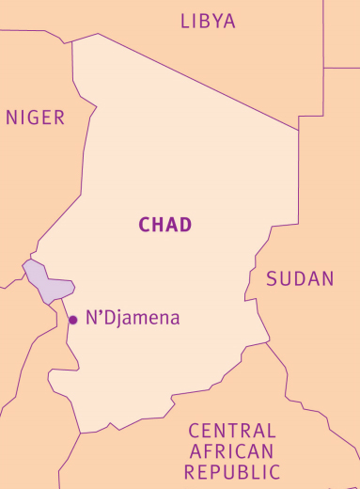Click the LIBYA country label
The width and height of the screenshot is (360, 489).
pos(208,21)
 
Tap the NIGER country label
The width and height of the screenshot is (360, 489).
pos(36,118)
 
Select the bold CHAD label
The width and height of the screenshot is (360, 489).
pos(165,224)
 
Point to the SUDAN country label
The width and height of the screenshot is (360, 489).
pos(300,278)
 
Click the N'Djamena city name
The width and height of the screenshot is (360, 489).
pos(133,318)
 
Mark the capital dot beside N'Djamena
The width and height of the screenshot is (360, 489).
pos(72,321)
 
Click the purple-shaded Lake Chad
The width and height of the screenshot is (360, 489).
pos(47,283)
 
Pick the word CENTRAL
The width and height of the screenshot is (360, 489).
pos(232,431)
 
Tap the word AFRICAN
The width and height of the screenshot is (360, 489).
pos(232,450)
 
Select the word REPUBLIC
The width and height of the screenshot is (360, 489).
pos(232,470)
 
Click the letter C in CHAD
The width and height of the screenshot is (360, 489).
pos(145,224)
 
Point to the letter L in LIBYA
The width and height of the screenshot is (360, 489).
pos(185,21)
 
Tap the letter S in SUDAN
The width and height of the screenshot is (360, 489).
pos(272,278)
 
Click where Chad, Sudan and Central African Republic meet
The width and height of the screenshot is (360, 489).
pos(266,343)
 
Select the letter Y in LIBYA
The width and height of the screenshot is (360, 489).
pos(218,21)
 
